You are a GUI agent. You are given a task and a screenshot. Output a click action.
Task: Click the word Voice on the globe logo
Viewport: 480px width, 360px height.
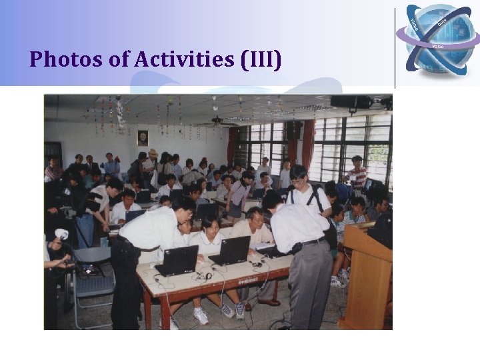pos(438,46)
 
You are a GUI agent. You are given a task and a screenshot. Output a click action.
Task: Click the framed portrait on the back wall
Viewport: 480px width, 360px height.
pos(143,137)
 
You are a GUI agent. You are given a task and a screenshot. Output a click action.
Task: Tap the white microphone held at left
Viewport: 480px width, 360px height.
pos(61,235)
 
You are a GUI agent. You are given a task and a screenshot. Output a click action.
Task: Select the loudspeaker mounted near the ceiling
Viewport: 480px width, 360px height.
pos(350,102)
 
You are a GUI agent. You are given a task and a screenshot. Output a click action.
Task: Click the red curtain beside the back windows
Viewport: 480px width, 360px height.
pos(307,143)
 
